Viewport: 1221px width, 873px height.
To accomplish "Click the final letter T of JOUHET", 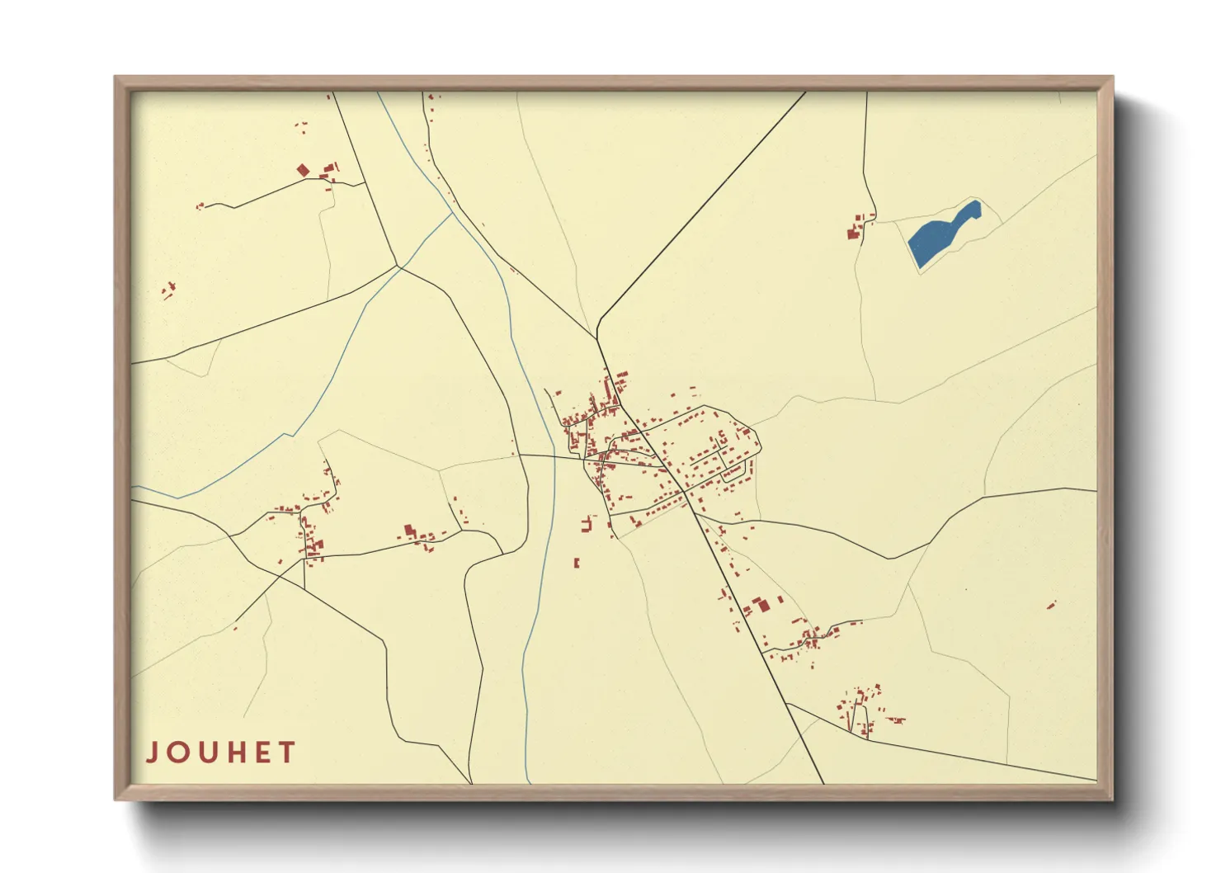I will coord(287,753).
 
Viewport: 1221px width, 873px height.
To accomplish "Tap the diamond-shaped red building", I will coord(303,170).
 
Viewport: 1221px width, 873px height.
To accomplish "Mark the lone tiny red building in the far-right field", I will coord(1051,605).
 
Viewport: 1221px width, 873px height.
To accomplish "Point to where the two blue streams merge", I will coord(452,214).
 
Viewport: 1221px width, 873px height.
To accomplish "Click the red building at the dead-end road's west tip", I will coord(199,206).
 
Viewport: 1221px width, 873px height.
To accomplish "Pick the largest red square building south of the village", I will coord(764,605).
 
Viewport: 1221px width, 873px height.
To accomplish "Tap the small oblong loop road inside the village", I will coord(734,471).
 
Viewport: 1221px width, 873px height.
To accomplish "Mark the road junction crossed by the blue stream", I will coord(399,267).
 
